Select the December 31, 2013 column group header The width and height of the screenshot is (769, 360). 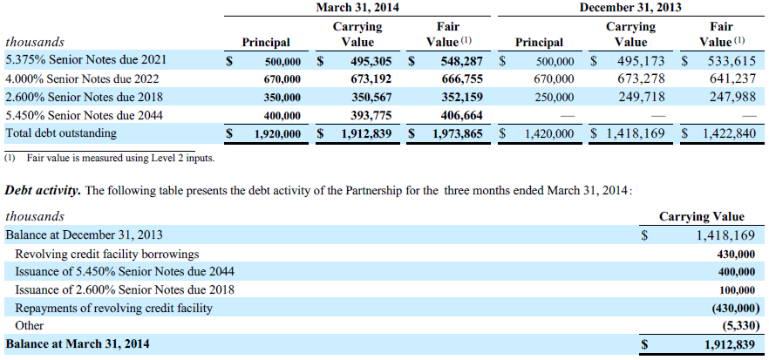[630, 7]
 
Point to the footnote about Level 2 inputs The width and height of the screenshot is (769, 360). [109, 158]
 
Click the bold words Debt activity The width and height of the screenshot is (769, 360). [43, 190]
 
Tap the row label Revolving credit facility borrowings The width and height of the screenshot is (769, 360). [107, 254]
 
